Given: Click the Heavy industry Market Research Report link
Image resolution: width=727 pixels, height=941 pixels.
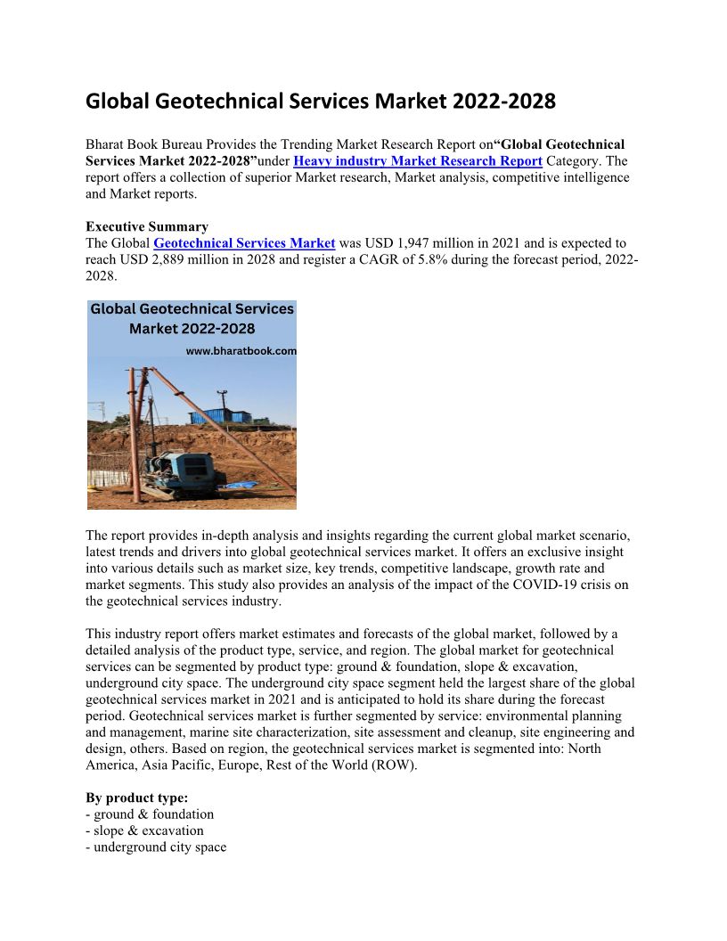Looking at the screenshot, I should pyautogui.click(x=417, y=161).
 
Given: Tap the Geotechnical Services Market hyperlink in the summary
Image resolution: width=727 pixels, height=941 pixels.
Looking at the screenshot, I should pyautogui.click(x=244, y=243).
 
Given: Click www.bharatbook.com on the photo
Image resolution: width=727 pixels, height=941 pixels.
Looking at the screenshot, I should pyautogui.click(x=241, y=351).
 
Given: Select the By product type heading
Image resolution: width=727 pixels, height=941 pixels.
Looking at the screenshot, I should pyautogui.click(x=136, y=798).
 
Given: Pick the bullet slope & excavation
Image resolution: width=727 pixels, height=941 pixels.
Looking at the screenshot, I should pyautogui.click(x=144, y=831).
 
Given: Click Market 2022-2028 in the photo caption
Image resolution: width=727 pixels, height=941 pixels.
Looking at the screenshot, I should pyautogui.click(x=192, y=329).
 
